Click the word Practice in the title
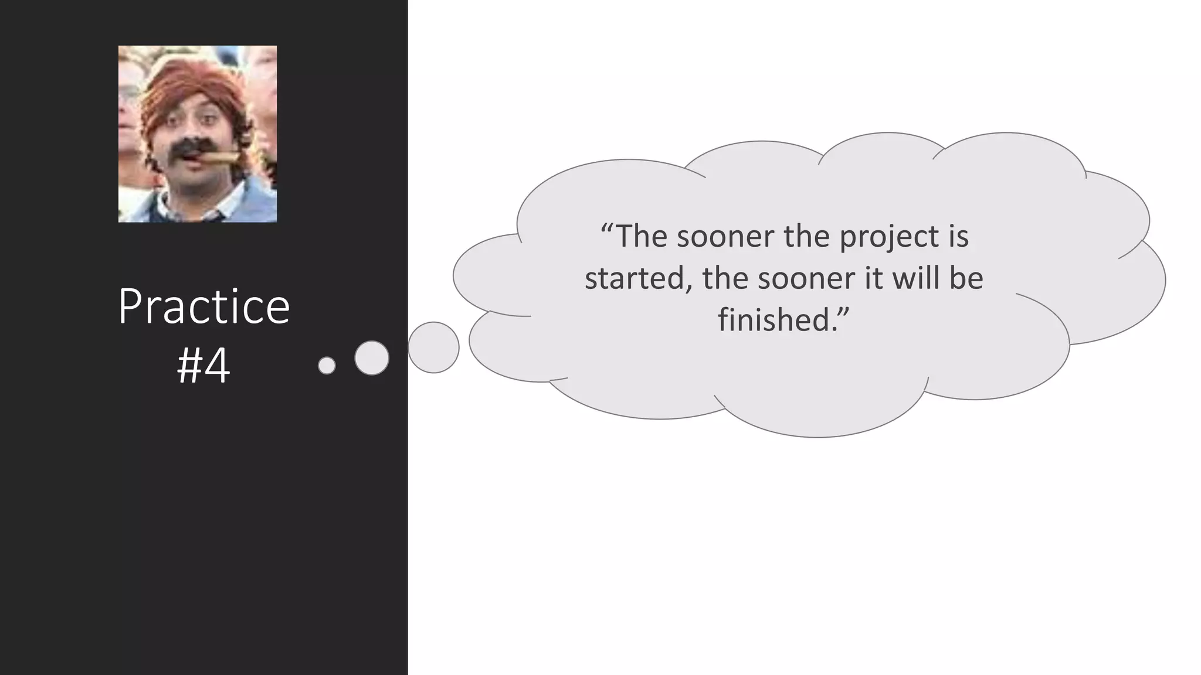point(203,306)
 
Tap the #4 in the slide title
point(203,366)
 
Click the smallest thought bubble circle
point(327,366)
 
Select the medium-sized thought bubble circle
point(372,357)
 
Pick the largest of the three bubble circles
point(433,347)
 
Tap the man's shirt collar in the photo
point(170,202)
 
